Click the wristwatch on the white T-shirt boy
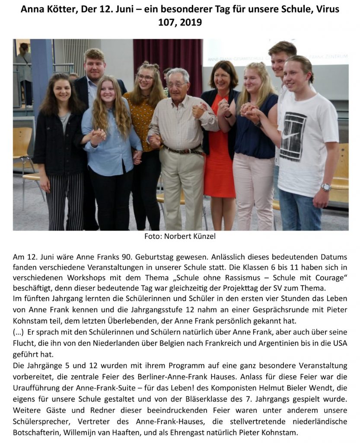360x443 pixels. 325,187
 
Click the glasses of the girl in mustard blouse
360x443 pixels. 145,78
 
